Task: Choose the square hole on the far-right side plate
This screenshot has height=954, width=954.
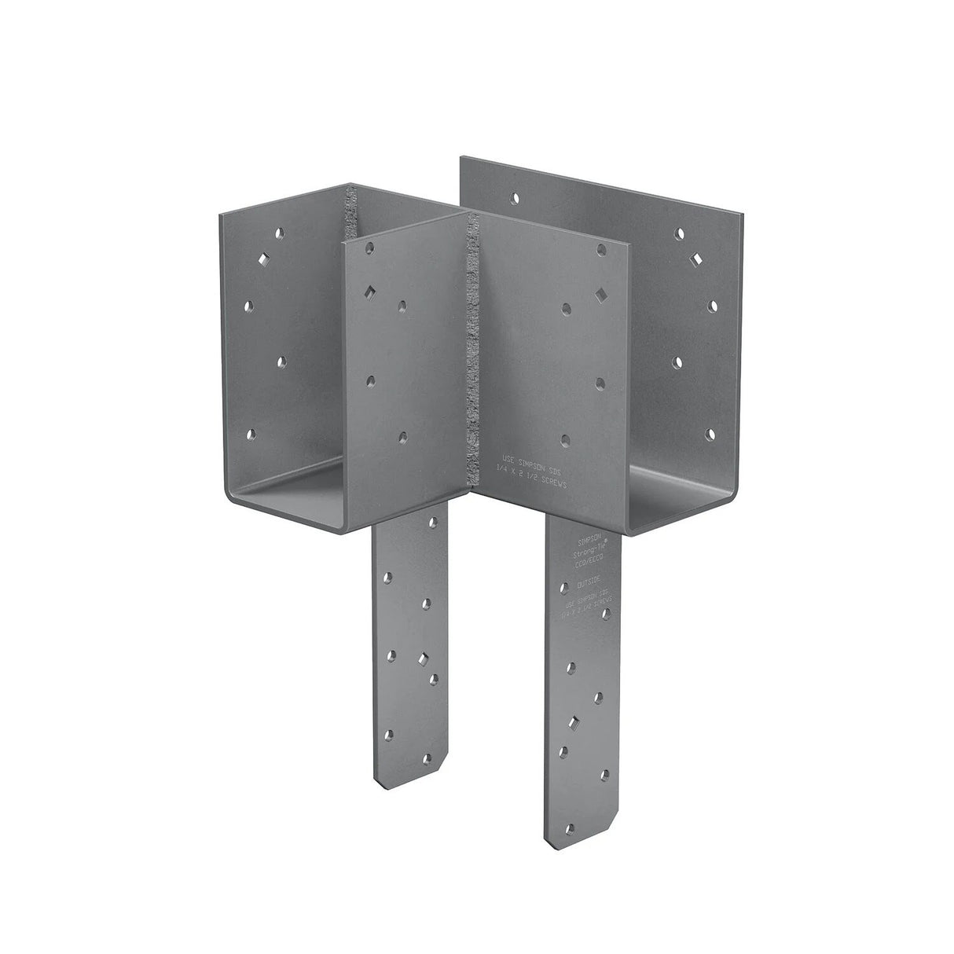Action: (695, 259)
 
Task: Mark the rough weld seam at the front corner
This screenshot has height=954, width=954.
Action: (473, 354)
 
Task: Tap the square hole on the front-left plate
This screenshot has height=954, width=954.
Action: (368, 292)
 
